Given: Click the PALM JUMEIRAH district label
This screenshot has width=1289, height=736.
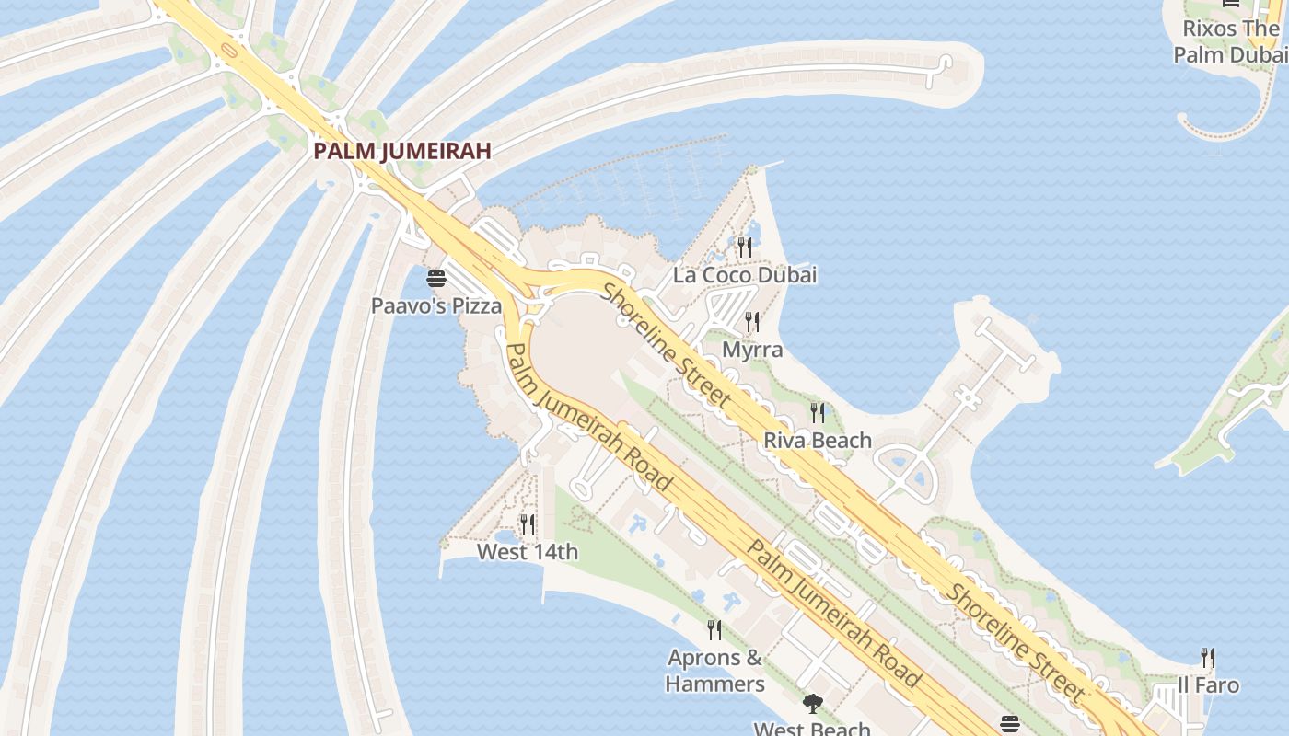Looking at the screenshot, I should (402, 151).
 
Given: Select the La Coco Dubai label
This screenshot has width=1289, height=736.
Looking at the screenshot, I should (745, 275).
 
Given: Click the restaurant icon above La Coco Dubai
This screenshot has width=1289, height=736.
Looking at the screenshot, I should (744, 247).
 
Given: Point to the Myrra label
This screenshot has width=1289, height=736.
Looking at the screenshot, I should (752, 350).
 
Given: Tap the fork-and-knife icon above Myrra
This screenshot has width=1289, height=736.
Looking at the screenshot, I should (752, 321).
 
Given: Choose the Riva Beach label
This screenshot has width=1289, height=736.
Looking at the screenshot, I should (818, 441).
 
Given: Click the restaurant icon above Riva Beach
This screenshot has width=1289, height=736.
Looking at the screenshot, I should (818, 412).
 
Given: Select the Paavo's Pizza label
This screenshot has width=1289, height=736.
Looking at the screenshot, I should (436, 305).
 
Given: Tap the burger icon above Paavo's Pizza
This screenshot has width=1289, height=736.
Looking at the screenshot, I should (436, 278).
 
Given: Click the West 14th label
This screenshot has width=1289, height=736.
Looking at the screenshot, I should (528, 552).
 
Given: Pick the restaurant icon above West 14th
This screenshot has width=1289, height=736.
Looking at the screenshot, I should (528, 524).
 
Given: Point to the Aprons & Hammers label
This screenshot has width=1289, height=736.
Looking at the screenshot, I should (715, 671).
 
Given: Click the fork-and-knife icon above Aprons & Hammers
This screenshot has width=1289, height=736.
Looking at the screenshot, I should (714, 630).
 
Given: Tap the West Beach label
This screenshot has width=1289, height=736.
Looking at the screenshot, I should (812, 729).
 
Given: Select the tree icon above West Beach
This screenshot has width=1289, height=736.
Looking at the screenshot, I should (812, 704).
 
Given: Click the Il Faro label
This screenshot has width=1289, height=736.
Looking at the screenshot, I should (1208, 685).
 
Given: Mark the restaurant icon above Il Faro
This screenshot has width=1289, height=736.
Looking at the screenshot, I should (1208, 658).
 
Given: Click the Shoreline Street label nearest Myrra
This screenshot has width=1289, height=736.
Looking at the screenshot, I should (667, 345).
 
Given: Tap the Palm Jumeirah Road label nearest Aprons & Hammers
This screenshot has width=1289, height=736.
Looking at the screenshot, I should (833, 614).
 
